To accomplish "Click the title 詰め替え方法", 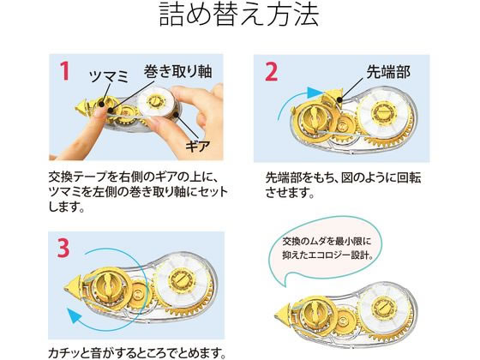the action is [x=239, y=15].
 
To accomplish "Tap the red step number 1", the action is [x=64, y=71].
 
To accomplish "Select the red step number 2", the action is [x=271, y=72].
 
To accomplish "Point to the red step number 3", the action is [x=63, y=248].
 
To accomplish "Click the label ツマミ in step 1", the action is [x=109, y=76].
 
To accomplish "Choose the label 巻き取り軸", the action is [x=177, y=71].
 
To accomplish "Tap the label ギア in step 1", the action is [x=198, y=147].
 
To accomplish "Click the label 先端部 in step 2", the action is [x=388, y=72].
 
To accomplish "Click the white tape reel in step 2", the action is [x=382, y=112].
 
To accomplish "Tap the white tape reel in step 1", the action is [x=156, y=101].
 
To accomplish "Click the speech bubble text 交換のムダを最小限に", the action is [x=327, y=241].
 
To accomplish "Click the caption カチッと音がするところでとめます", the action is [x=137, y=353].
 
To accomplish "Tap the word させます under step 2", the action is [x=290, y=193].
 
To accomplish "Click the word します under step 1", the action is [x=66, y=207].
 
